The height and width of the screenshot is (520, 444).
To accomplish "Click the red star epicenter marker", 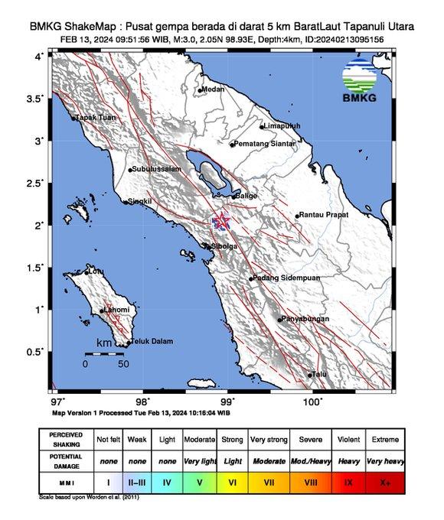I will (x=221, y=221).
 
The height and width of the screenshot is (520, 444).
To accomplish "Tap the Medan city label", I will (x=214, y=89).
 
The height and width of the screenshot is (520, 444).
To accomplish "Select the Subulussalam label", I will (x=156, y=169).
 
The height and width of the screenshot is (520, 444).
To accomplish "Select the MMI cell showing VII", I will (x=269, y=483).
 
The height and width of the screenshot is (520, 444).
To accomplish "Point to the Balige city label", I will (x=246, y=197).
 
